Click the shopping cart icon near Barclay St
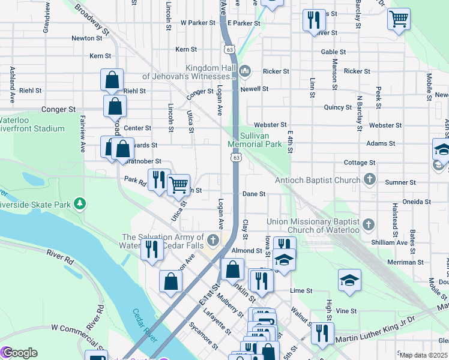tap(399, 19)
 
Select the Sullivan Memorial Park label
tap(255, 140)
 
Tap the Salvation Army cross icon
tap(212, 242)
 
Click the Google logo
tap(19, 353)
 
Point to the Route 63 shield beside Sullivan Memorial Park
tap(236, 157)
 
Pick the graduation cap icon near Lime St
tap(349, 280)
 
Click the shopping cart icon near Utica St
tap(178, 185)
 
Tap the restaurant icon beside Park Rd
tap(159, 179)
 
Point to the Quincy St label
tap(337, 107)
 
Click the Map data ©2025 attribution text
tap(423, 355)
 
